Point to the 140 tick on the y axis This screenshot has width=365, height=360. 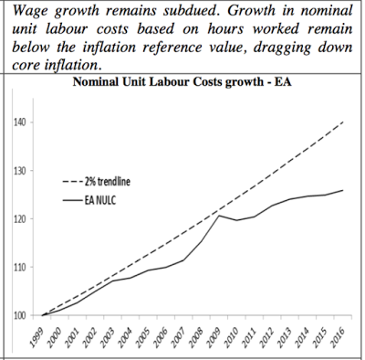pyautogui.click(x=19, y=122)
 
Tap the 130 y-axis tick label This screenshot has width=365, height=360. pyautogui.click(x=19, y=171)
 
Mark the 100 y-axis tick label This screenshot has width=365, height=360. pyautogui.click(x=19, y=316)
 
